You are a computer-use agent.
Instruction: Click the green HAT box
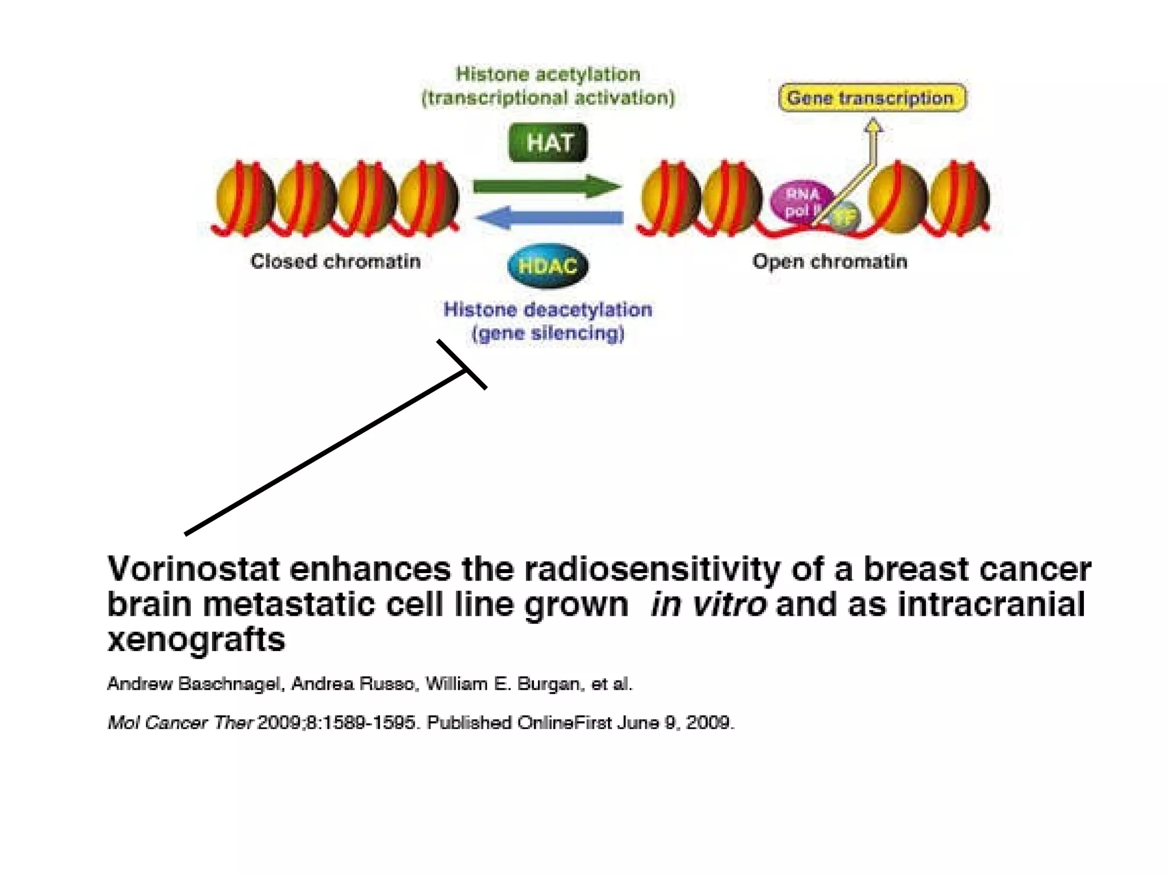(548, 142)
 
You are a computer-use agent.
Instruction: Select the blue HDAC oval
(548, 265)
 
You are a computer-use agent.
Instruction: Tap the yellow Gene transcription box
(871, 98)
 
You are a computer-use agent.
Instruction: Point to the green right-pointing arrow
(547, 186)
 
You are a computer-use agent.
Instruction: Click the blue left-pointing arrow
(549, 218)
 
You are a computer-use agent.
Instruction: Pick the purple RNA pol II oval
(801, 202)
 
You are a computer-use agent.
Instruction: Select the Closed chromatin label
(336, 261)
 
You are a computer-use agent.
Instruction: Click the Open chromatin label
(830, 261)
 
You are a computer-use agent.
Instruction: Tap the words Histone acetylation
(548, 74)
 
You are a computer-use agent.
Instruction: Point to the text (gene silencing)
(548, 333)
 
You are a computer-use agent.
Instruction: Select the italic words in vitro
(708, 604)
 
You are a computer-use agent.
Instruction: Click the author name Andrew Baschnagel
(195, 684)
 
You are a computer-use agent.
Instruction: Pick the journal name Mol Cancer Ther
(180, 723)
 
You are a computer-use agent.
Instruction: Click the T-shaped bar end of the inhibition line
(462, 365)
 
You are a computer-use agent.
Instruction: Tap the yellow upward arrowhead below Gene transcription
(873, 125)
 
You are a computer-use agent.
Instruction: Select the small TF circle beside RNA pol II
(844, 217)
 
